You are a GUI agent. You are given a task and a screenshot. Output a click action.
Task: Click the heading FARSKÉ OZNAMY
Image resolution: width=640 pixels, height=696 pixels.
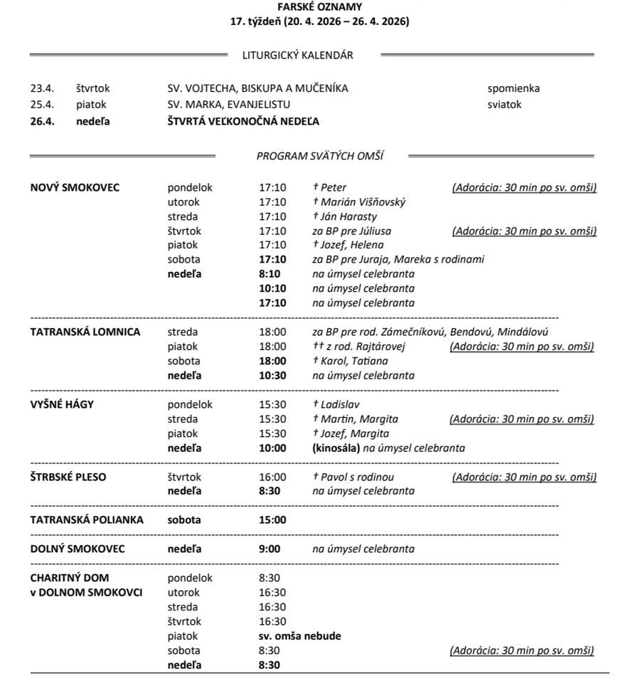pyautogui.click(x=319, y=7)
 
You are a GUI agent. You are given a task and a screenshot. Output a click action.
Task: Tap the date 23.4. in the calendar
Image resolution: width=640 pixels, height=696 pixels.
pyautogui.click(x=42, y=89)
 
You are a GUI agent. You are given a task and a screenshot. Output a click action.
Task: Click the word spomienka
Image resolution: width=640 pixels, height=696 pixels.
pyautogui.click(x=513, y=89)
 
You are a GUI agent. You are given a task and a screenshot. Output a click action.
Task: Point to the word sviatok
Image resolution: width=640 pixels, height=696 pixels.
pyautogui.click(x=504, y=104)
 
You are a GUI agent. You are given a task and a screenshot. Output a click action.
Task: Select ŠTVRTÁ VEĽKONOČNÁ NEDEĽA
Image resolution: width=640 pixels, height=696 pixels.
pyautogui.click(x=238, y=121)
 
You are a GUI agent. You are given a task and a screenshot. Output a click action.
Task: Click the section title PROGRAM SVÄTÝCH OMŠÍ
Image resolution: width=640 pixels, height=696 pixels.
pyautogui.click(x=319, y=156)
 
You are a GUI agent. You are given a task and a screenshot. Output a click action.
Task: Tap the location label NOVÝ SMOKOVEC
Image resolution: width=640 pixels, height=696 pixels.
pyautogui.click(x=75, y=188)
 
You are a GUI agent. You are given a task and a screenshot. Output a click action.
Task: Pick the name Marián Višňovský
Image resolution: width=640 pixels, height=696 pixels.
pyautogui.click(x=363, y=202)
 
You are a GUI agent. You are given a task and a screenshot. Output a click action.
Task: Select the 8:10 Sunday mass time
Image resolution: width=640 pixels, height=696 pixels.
pyautogui.click(x=270, y=274)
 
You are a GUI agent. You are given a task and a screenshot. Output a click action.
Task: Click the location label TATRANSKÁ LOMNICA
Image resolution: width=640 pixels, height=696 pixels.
pyautogui.click(x=85, y=332)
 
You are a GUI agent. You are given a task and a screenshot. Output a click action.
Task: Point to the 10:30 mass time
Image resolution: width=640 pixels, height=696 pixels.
pyautogui.click(x=272, y=375)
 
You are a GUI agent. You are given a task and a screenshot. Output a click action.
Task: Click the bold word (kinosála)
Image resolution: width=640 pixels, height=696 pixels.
pyautogui.click(x=336, y=448)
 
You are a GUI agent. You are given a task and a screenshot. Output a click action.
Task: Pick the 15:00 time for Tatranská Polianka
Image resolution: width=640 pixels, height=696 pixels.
pyautogui.click(x=272, y=520)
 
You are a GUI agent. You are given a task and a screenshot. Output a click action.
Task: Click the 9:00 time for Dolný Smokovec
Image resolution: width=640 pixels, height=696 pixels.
pyautogui.click(x=270, y=549)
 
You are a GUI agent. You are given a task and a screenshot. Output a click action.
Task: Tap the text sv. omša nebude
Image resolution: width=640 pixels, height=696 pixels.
pyautogui.click(x=299, y=636)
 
